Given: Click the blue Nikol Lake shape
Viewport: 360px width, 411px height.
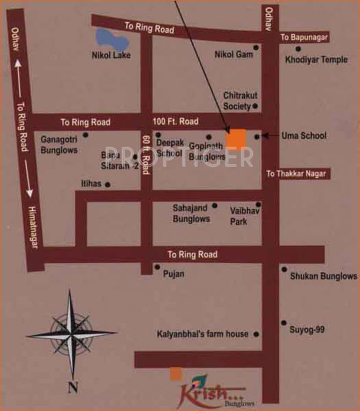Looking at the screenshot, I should point(110,39).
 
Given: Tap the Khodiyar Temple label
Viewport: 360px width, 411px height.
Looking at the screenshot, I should point(316,59).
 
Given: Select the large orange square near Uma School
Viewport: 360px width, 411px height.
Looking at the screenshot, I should point(236,139).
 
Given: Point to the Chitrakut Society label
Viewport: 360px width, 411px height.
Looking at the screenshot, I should point(240,101).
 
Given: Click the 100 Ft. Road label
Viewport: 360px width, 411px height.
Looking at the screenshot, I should point(175,121).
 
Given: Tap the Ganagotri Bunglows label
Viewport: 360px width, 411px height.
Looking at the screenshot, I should point(59,144).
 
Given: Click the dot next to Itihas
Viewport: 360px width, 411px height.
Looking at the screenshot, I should point(108,185).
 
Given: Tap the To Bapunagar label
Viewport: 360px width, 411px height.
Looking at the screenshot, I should point(304,37).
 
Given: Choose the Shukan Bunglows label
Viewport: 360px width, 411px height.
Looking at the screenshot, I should point(323,276).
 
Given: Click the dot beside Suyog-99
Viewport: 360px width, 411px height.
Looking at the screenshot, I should point(283,323).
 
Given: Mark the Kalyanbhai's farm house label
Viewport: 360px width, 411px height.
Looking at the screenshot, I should point(202,334).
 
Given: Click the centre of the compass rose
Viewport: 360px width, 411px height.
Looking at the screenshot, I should point(71,334).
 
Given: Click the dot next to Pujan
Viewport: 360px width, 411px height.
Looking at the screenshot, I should point(157,267).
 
